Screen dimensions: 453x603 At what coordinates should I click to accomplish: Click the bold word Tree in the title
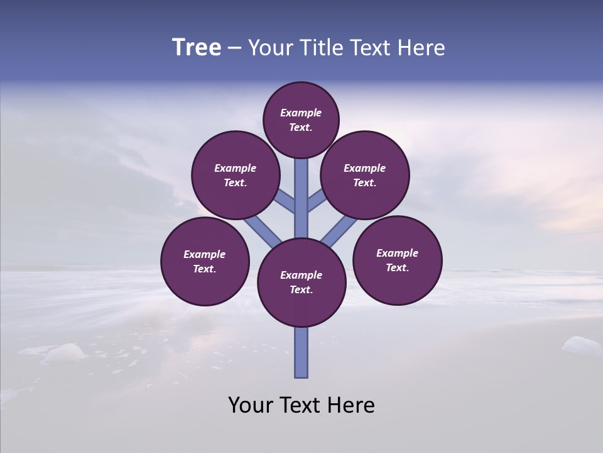(x=197, y=47)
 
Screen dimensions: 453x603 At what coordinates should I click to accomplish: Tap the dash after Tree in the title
(x=234, y=48)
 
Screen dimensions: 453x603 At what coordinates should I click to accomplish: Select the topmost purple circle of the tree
(x=301, y=120)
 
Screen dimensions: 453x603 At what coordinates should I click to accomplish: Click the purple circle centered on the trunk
(x=301, y=282)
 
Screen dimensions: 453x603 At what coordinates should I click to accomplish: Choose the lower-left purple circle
(x=205, y=261)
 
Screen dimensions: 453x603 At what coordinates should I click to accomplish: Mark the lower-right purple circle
(x=398, y=260)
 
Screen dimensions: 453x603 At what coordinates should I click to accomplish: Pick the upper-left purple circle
(x=236, y=175)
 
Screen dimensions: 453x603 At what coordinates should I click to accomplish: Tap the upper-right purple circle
(x=365, y=175)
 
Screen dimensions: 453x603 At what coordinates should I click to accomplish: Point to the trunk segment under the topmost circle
(x=301, y=189)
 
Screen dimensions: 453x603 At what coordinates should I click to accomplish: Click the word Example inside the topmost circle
(x=301, y=113)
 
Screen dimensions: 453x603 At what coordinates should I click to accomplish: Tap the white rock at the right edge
(x=580, y=345)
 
